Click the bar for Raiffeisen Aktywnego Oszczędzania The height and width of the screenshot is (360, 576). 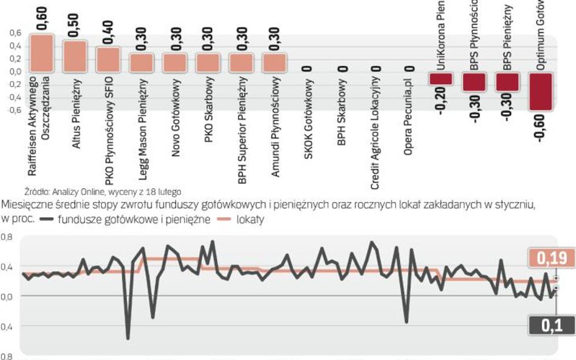42,54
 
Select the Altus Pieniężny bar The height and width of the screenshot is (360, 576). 75,57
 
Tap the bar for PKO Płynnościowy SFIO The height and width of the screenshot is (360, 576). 109,60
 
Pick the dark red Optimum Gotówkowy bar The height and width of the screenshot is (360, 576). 541,91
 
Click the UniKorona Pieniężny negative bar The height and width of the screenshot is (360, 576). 441,78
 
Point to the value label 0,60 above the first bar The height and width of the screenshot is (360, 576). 42,19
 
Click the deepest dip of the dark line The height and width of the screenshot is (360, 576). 128,338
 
